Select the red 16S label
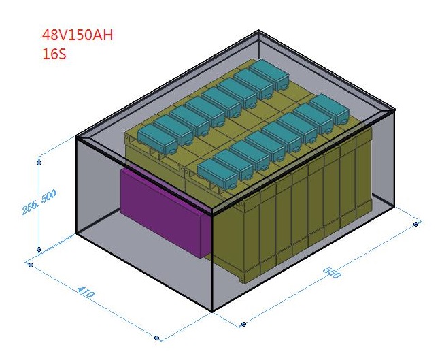(54, 54)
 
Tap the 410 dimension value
(86, 294)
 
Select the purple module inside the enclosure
(163, 211)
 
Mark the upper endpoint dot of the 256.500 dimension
(39, 163)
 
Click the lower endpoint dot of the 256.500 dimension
(39, 250)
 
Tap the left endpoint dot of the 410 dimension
(30, 264)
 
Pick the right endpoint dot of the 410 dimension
(157, 337)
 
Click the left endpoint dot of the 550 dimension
(242, 324)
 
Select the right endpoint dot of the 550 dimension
(416, 223)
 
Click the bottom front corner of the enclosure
(213, 312)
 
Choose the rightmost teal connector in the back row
(268, 72)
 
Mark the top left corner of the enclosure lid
(77, 138)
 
